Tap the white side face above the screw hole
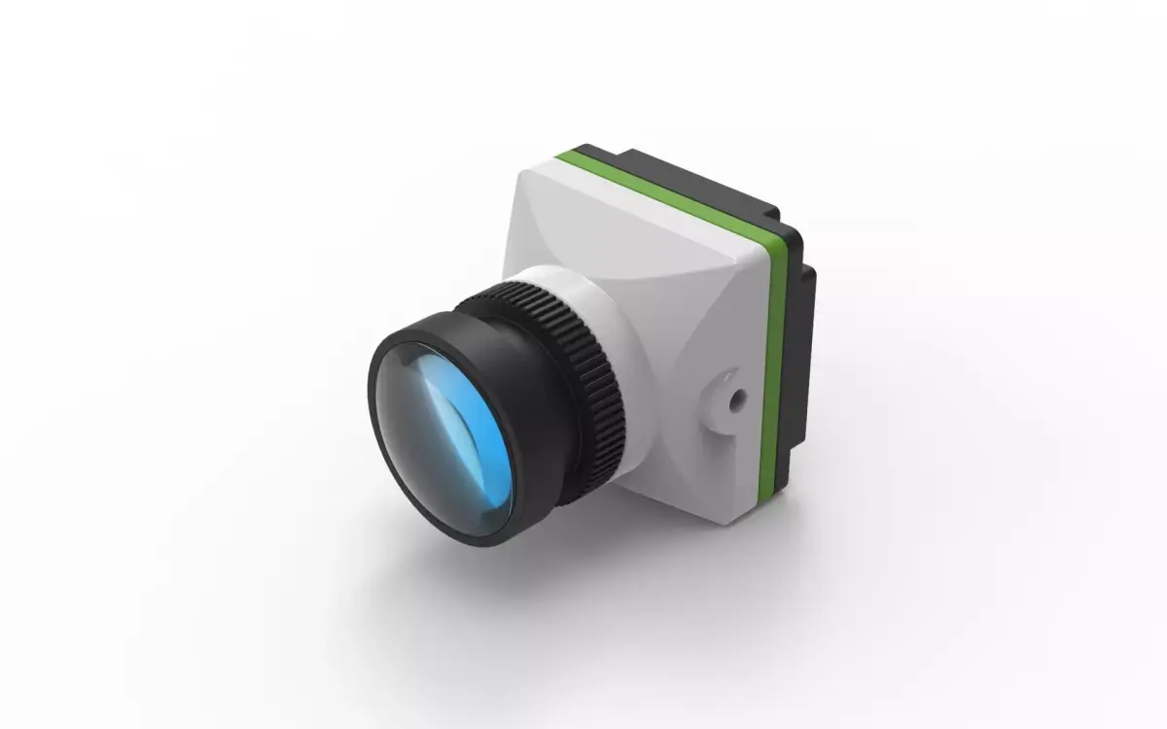pos(720,311)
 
